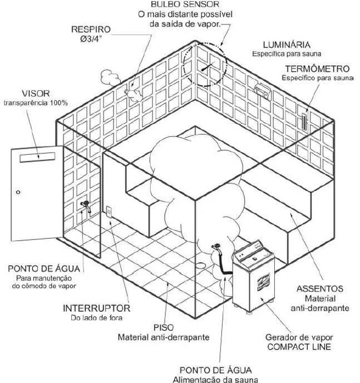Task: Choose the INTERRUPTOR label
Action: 96,308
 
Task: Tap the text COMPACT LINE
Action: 306,347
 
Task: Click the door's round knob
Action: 18,192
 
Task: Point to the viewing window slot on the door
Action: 38,159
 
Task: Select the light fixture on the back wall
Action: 260,88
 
